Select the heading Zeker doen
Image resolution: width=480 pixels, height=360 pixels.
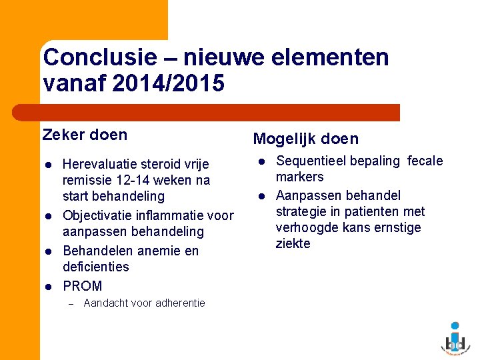point(85,135)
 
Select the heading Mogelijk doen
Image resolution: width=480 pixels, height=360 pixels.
point(305,139)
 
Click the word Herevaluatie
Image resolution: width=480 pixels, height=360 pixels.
point(102,164)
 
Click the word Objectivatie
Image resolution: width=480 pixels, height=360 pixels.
point(100,215)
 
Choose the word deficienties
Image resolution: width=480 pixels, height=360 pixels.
point(95,267)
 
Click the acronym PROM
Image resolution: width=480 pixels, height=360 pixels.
point(82,286)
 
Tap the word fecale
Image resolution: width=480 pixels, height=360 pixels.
point(425,161)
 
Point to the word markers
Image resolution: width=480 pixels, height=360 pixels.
point(299,177)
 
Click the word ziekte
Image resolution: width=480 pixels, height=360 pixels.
point(293,243)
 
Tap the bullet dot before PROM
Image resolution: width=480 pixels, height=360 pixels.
point(48,287)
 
